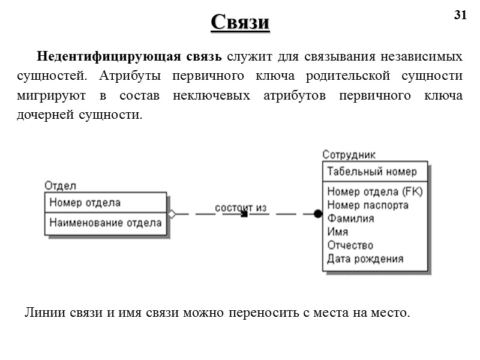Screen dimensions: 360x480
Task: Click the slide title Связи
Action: [x=240, y=22]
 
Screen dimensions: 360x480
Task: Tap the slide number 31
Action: [x=460, y=16]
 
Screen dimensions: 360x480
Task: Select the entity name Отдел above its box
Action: [x=60, y=185]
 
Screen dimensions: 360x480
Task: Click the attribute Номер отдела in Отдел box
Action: [x=85, y=203]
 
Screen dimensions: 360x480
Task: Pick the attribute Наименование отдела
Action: [x=106, y=223]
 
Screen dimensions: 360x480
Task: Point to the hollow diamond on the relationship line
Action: [x=172, y=214]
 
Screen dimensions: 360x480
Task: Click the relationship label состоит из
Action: [x=241, y=208]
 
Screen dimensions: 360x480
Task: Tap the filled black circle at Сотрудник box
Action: [x=318, y=214]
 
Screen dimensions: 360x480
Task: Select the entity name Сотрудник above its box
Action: [x=349, y=155]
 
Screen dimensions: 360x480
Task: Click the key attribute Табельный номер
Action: [x=371, y=172]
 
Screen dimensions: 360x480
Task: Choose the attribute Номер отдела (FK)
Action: [x=375, y=192]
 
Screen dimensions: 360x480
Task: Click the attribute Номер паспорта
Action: [x=368, y=205]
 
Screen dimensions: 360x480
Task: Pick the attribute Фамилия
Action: [x=350, y=218]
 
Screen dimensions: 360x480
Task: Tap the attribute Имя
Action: [x=338, y=232]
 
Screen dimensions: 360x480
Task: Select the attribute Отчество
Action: [x=350, y=245]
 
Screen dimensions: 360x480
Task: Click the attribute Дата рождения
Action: [x=365, y=259]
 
